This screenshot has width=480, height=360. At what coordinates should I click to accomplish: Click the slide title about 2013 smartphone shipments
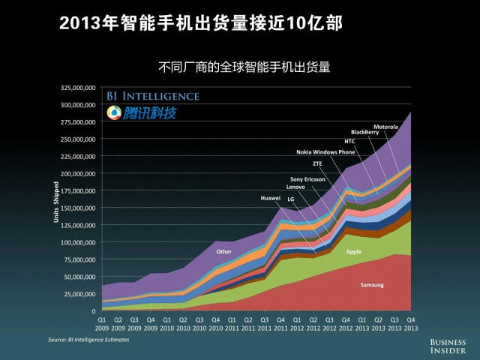pos(201,23)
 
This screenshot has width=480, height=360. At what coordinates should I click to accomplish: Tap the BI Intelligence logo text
pos(152,96)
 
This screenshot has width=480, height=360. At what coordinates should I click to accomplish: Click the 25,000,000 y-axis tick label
pos(79,294)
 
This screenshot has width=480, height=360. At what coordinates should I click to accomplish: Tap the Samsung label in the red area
pos(372,286)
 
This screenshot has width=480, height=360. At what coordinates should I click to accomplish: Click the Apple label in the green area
pos(353,252)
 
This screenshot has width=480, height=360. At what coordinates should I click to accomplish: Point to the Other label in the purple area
pos(223,251)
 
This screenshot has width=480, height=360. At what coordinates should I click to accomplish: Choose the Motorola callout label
pos(385,127)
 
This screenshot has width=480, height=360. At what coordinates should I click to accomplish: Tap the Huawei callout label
pos(270,198)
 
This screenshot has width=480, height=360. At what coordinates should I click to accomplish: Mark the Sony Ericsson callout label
pos(307,179)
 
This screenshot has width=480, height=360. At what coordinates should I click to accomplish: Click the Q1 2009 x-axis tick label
pos(102,323)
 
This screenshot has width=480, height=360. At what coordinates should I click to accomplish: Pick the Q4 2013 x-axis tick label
pos(411,323)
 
